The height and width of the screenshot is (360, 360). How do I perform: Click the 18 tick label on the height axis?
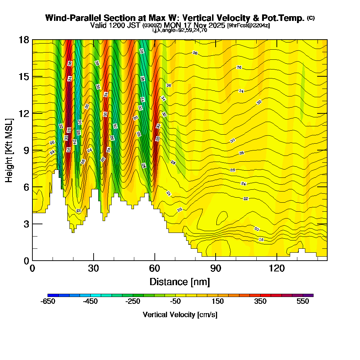point(24,40)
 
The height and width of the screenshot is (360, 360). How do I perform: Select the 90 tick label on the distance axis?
point(215,269)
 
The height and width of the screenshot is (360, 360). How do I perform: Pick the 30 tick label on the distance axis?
point(94,269)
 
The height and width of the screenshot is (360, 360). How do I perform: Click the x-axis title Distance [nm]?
point(180,282)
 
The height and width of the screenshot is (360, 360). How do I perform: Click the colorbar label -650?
point(48,301)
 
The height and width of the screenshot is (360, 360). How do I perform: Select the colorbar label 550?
point(303,301)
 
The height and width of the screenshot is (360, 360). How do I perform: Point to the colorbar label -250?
point(133,301)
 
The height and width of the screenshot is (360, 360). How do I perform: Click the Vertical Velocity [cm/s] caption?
point(180,315)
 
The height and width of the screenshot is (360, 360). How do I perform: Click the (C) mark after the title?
point(311,18)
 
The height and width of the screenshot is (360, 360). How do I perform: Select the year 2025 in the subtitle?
point(217,25)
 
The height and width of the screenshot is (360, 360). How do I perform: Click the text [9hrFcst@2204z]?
point(248,25)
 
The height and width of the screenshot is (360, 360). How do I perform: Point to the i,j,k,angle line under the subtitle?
point(180,30)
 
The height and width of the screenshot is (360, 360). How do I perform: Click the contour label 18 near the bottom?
point(261,239)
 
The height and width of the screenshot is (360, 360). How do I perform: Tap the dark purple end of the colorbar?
point(310,295)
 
